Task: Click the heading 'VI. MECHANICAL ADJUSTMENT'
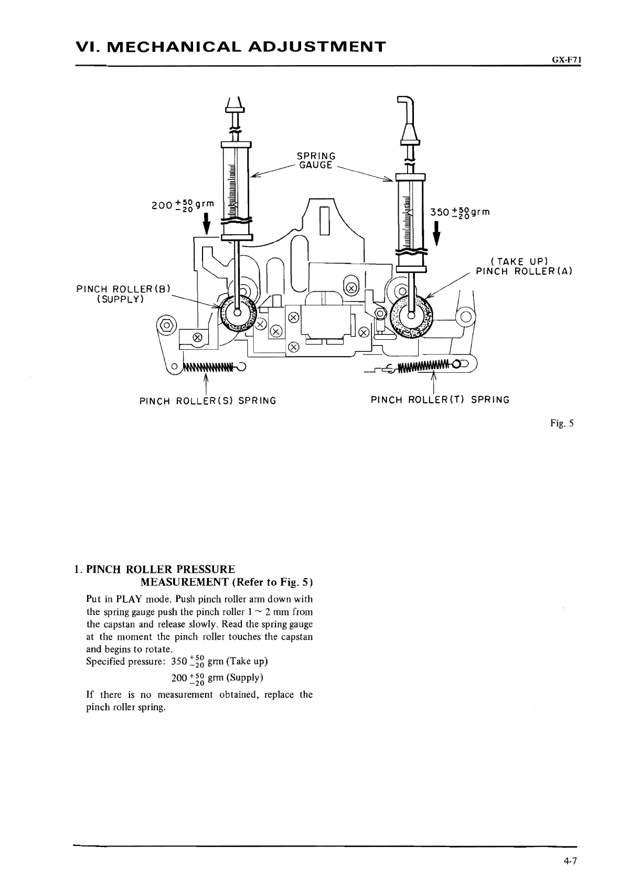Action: point(231,46)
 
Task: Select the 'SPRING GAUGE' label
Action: point(316,161)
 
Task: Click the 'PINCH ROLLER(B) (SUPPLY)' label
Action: point(124,294)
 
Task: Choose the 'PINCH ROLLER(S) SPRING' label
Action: point(208,401)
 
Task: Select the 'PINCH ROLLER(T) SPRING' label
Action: point(440,400)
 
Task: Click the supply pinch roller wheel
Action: point(237,313)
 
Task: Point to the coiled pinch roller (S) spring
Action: point(209,367)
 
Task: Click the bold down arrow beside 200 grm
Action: point(207,223)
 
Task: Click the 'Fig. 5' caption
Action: point(566,423)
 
